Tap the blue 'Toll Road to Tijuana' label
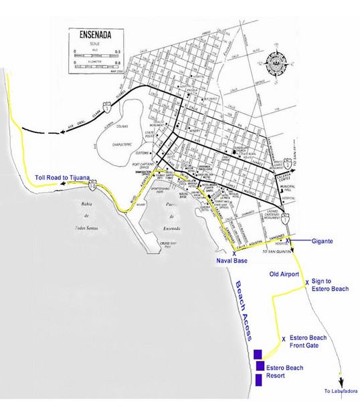[x=64, y=177]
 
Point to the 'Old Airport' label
[x=281, y=273]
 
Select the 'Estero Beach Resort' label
[x=285, y=372]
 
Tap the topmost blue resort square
[x=258, y=354]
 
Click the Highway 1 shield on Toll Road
[x=99, y=182]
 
